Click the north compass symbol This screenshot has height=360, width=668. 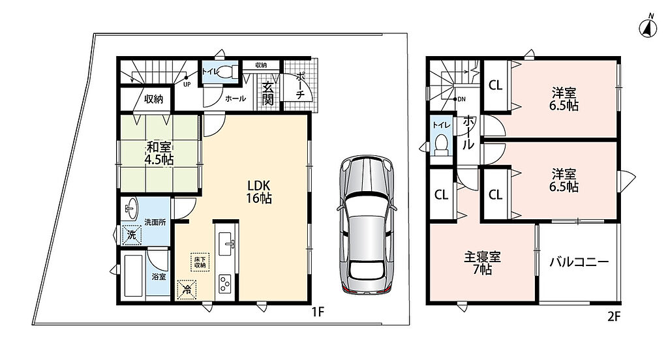pyautogui.click(x=648, y=27)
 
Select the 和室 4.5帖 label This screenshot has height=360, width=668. pyautogui.click(x=159, y=154)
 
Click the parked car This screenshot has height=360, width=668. pyautogui.click(x=367, y=225)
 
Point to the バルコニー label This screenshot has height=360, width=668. pyautogui.click(x=579, y=262)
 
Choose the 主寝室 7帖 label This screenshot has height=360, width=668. pyautogui.click(x=482, y=263)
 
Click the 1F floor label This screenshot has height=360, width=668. pyautogui.click(x=318, y=312)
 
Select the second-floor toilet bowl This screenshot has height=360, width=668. pyautogui.click(x=441, y=143)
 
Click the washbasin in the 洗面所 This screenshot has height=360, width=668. pyautogui.click(x=130, y=209)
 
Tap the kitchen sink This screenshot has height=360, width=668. pyautogui.click(x=226, y=244)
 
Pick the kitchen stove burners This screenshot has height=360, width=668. pyautogui.click(x=224, y=283)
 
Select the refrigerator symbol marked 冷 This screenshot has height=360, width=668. pyautogui.click(x=187, y=290)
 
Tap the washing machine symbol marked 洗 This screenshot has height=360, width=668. pyautogui.click(x=132, y=235)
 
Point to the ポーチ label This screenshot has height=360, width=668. pyautogui.click(x=300, y=85)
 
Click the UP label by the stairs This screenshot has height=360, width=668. pyautogui.click(x=187, y=84)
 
